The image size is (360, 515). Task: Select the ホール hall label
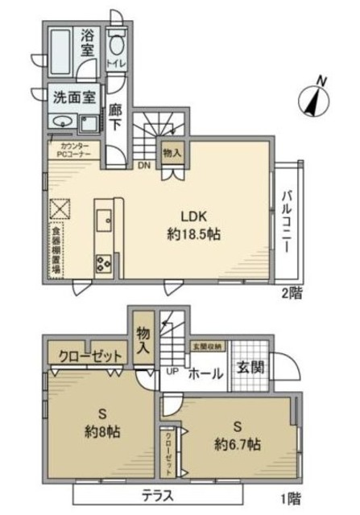pos(205,374)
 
